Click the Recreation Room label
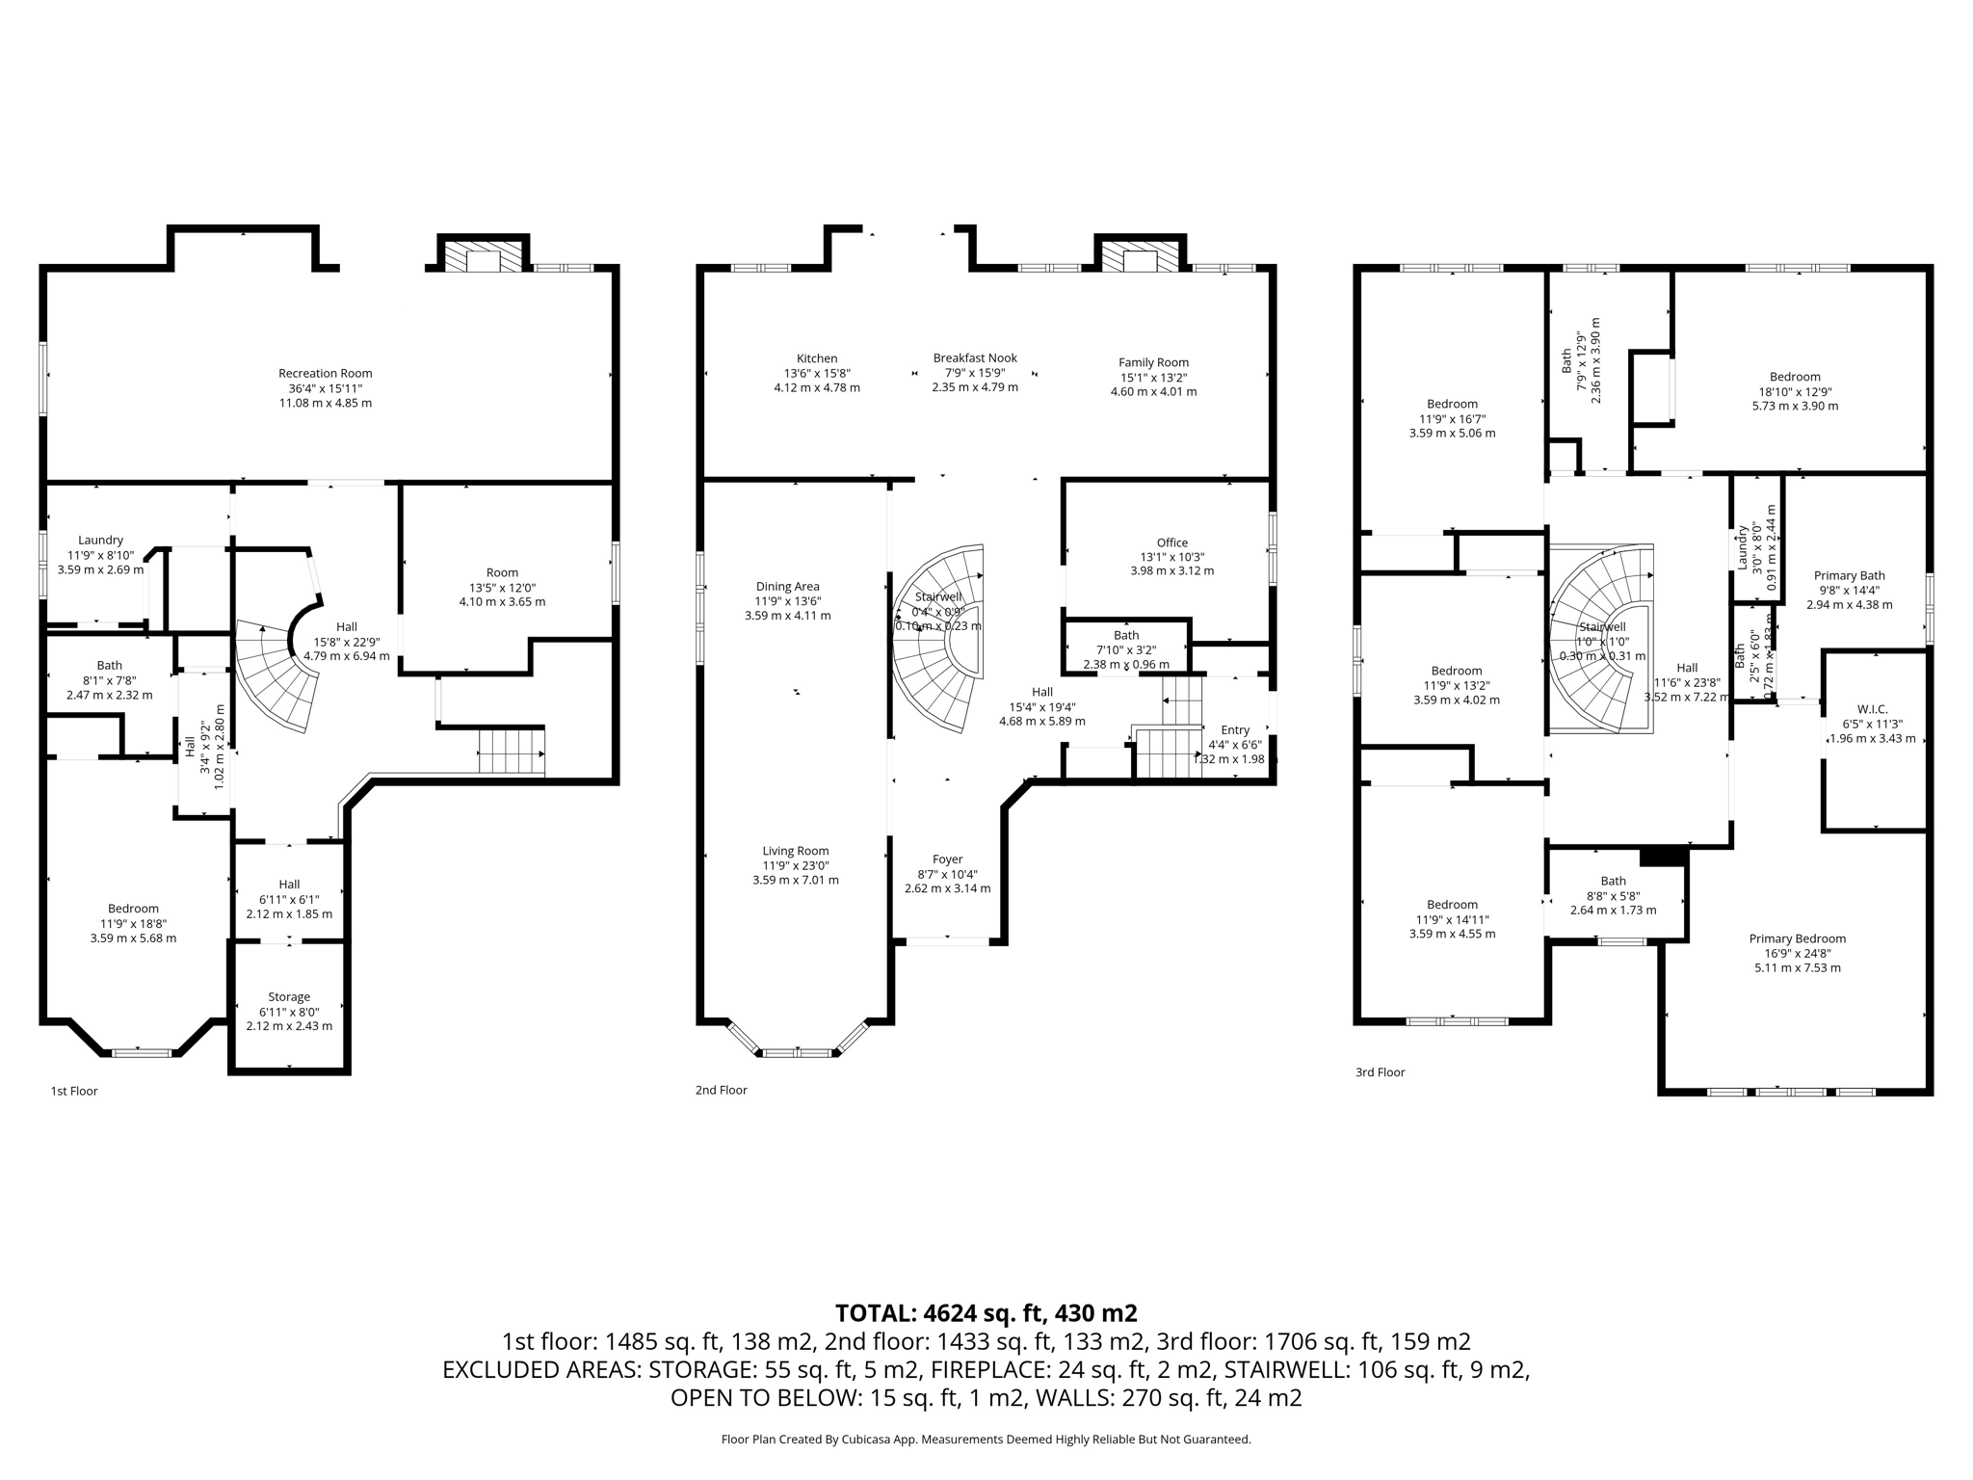pyautogui.click(x=325, y=374)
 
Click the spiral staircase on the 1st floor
pyautogui.click(x=279, y=674)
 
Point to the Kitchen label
pyautogui.click(x=816, y=358)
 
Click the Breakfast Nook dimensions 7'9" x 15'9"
pyautogui.click(x=975, y=373)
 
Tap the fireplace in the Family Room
pyautogui.click(x=1141, y=257)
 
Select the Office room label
pyautogui.click(x=1171, y=542)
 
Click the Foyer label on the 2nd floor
pyautogui.click(x=947, y=859)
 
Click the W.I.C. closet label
pyautogui.click(x=1872, y=709)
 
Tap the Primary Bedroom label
pyautogui.click(x=1797, y=938)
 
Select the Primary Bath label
pyautogui.click(x=1849, y=576)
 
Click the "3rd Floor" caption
pyautogui.click(x=1380, y=1071)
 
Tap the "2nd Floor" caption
pyautogui.click(x=721, y=1090)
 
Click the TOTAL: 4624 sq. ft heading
pyautogui.click(x=986, y=1312)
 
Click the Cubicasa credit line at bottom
pyautogui.click(x=986, y=1440)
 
